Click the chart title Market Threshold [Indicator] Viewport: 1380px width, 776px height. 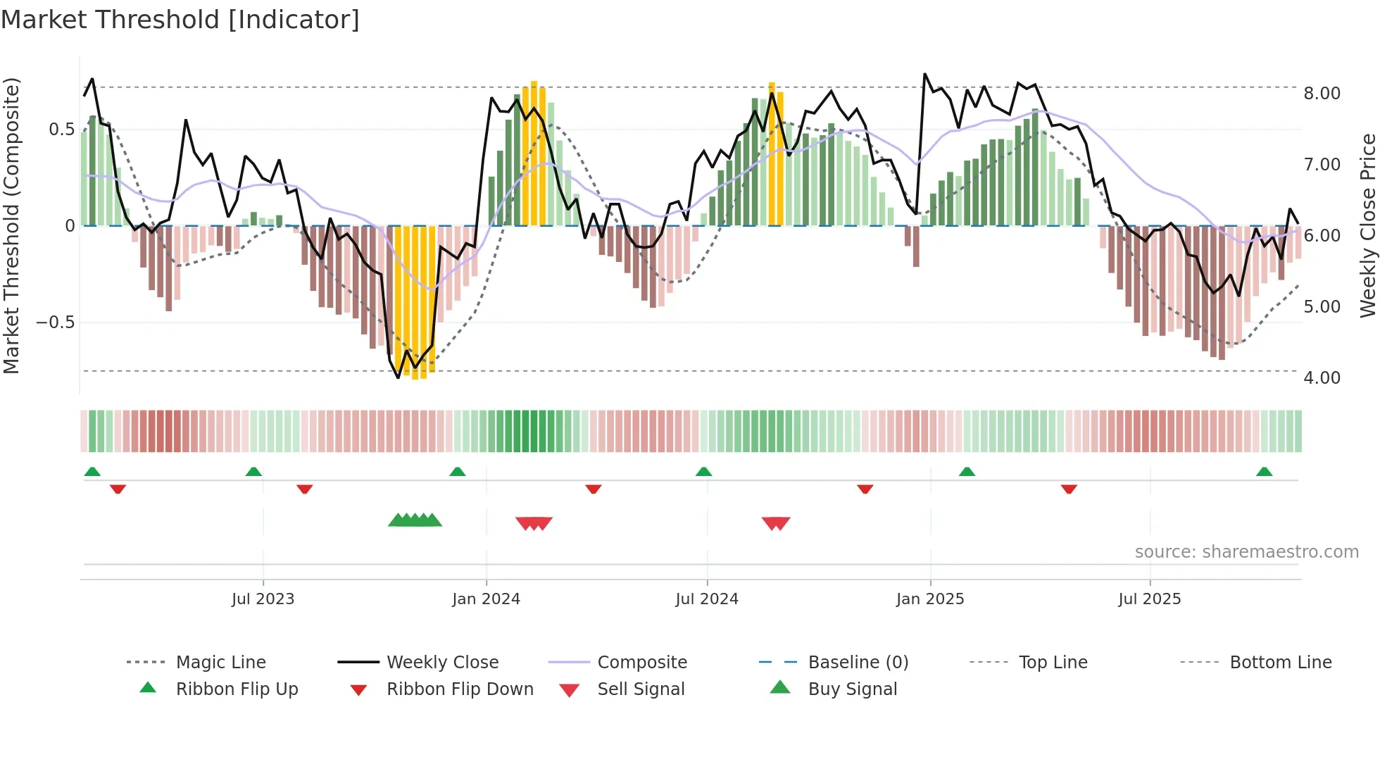(180, 20)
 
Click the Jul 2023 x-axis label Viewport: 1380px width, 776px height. (263, 599)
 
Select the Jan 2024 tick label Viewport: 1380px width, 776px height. (486, 599)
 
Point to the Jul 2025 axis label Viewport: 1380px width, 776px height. (1149, 599)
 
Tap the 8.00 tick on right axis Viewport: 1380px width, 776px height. (1322, 94)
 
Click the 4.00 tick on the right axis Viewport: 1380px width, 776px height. (1322, 378)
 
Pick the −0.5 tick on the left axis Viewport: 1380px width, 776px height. (55, 323)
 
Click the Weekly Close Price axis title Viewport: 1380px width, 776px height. (1367, 225)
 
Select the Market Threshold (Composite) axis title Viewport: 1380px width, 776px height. (11, 225)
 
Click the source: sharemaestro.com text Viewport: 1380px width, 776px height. (1246, 552)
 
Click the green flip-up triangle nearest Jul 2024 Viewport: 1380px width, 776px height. (703, 472)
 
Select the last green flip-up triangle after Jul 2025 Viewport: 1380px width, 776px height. (1264, 472)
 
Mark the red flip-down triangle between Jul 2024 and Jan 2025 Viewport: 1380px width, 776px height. (865, 489)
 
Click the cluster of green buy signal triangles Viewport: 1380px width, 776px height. (415, 520)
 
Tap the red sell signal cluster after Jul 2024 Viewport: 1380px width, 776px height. (776, 523)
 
